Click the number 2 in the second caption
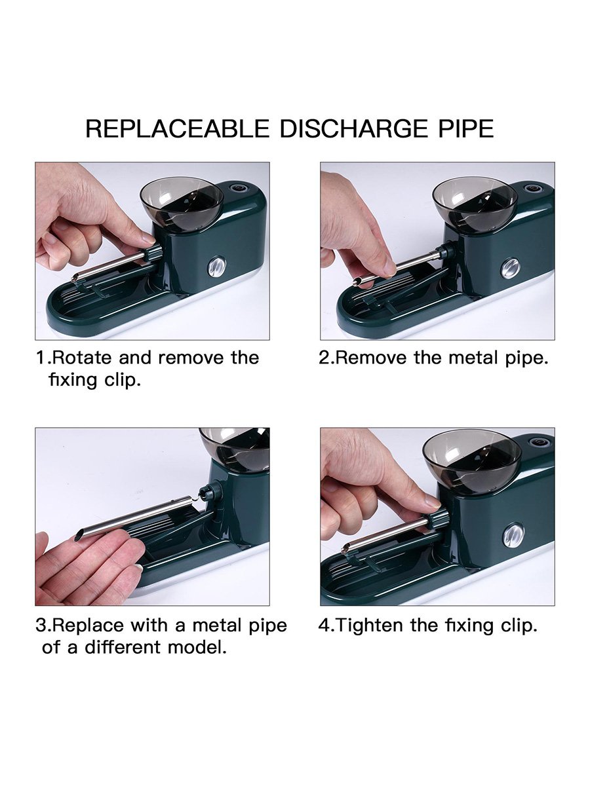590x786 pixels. (x=324, y=358)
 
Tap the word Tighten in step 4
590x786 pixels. (x=370, y=625)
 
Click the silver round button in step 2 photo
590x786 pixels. (x=510, y=267)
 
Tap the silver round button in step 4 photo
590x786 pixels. (x=512, y=536)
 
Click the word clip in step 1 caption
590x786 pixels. (x=123, y=380)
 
